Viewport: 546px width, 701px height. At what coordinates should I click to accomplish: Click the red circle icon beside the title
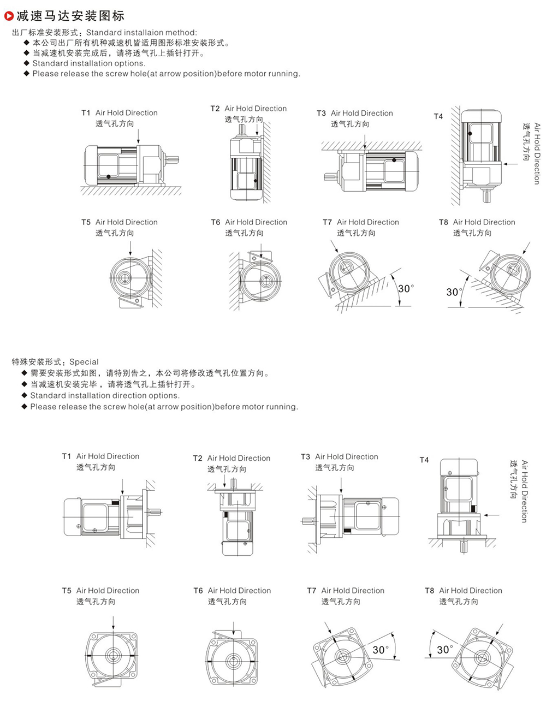pos(9,15)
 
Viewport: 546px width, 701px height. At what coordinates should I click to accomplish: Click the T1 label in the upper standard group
pos(86,113)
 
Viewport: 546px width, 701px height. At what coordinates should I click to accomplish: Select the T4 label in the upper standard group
pos(438,116)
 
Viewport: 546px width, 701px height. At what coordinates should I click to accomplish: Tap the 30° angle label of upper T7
pos(406,288)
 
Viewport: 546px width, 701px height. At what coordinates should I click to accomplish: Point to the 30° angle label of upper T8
pos(453,292)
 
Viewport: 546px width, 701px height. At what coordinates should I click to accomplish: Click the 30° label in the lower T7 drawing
pos(381,650)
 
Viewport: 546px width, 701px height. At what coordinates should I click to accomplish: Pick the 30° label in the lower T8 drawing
pos(445,649)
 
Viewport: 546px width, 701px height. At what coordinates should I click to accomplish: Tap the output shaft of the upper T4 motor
pos(486,196)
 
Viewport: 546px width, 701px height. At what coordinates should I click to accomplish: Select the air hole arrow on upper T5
pos(130,248)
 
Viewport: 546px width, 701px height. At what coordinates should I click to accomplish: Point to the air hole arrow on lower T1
pos(123,486)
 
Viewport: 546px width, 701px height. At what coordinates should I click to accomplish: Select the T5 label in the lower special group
pos(67,591)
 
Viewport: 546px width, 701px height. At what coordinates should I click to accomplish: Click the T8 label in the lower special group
pos(430,591)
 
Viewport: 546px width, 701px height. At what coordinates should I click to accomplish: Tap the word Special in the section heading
pos(84,362)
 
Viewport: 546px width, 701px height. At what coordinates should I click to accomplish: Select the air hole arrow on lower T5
pos(113,622)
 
